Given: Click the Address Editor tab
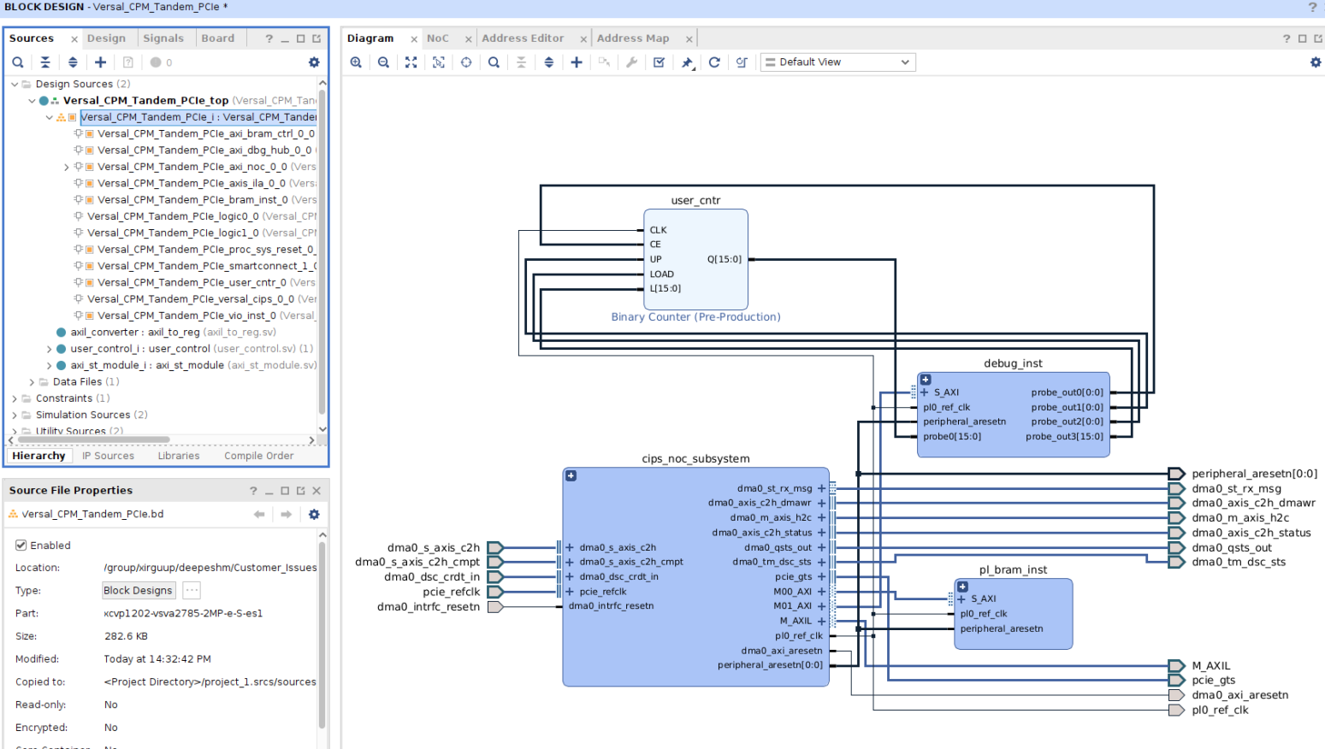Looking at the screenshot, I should (x=523, y=38).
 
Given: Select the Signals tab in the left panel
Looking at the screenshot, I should (x=163, y=38).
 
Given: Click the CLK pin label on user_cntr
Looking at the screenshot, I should (x=658, y=230).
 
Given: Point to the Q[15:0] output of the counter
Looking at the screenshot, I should (x=724, y=259).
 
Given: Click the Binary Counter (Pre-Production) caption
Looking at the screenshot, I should (x=695, y=317).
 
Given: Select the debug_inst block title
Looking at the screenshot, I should (x=1013, y=363).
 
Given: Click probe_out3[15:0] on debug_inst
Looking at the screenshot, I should (x=1064, y=437).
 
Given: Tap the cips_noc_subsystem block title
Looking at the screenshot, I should (x=695, y=459).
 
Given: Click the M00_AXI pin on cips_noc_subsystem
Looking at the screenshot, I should (x=793, y=592).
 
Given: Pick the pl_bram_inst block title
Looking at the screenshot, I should (x=1013, y=570).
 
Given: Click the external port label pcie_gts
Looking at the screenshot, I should (x=1213, y=681).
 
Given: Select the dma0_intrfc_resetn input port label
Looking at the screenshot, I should (x=428, y=607).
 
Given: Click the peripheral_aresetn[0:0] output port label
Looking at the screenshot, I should (x=1254, y=474).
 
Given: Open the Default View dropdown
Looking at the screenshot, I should (x=837, y=62).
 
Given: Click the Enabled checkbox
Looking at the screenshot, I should (x=21, y=546).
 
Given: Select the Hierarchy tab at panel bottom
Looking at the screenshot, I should (x=38, y=456).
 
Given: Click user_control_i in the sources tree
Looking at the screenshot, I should (x=103, y=349).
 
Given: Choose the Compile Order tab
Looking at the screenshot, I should (x=258, y=456).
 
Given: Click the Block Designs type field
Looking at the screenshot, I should (x=138, y=591).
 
